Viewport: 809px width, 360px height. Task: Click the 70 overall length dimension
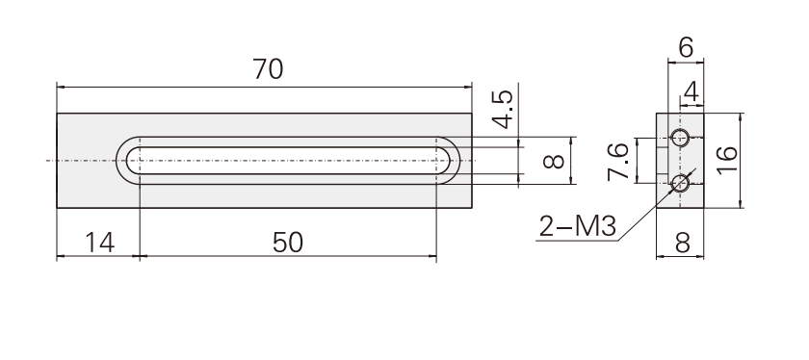point(268,69)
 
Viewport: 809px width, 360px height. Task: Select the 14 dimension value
point(99,243)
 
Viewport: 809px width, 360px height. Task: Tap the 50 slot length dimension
point(288,243)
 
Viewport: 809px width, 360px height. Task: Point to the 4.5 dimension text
point(502,109)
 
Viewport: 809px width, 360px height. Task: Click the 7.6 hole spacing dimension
point(618,162)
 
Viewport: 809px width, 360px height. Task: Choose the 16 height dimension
point(727,161)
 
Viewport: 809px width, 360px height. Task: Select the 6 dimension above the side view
point(686,48)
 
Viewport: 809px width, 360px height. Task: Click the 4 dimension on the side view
point(691,92)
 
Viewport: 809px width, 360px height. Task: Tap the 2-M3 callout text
point(577,226)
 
